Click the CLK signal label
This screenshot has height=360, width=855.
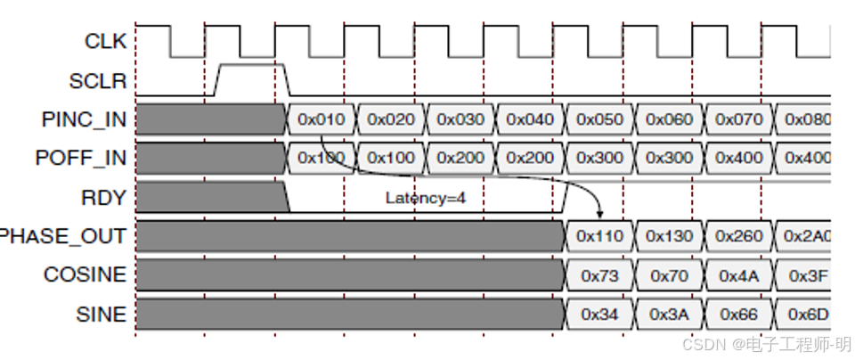[104, 41]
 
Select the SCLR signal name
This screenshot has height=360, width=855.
[98, 81]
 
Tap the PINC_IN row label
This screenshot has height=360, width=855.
[84, 119]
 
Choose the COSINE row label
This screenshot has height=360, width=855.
[85, 274]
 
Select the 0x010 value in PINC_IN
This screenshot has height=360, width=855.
[322, 119]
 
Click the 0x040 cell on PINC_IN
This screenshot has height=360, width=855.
[530, 119]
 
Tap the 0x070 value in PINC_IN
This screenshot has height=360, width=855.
[738, 119]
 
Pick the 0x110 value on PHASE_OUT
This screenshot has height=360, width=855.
[599, 236]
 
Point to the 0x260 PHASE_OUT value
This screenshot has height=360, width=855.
[738, 236]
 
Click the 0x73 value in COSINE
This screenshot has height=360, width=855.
[599, 275]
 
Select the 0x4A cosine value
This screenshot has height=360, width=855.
[738, 275]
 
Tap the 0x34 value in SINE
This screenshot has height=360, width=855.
[599, 315]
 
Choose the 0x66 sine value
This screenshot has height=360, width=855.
[738, 315]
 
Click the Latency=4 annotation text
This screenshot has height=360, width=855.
[426, 197]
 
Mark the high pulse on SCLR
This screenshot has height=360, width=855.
[251, 65]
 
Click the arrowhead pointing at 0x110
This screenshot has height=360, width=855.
[600, 215]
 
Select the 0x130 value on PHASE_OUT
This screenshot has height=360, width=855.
[669, 236]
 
